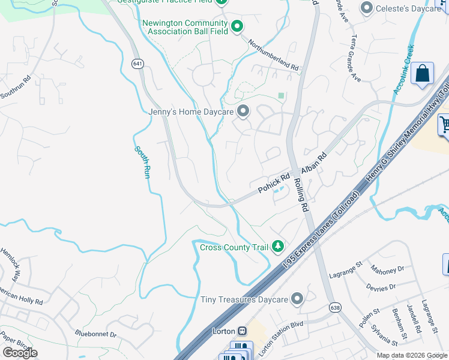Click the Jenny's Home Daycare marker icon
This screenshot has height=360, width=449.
(x=243, y=111)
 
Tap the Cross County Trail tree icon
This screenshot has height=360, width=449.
(x=277, y=246)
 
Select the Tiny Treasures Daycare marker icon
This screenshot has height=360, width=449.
(x=297, y=299)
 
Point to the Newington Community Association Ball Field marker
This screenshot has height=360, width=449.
(x=237, y=26)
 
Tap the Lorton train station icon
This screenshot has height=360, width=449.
(x=242, y=331)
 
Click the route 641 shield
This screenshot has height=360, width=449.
(x=138, y=63)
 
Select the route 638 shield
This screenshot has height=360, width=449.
(x=336, y=307)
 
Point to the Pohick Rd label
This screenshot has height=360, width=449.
(x=274, y=183)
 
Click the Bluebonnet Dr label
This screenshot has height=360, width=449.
(x=95, y=332)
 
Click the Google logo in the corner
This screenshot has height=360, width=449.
(x=20, y=353)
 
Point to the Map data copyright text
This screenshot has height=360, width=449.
(x=412, y=355)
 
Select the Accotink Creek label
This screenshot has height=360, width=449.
(x=404, y=69)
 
